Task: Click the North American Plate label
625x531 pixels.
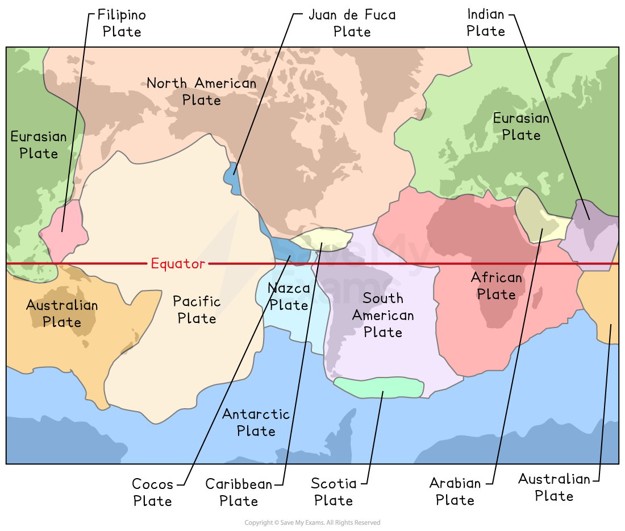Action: (x=201, y=92)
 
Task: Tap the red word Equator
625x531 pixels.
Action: (x=178, y=264)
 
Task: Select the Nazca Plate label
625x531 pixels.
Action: (x=289, y=297)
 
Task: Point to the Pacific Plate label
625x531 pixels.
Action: (x=197, y=310)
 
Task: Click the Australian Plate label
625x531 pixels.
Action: (x=62, y=313)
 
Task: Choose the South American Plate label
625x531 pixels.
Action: (x=382, y=315)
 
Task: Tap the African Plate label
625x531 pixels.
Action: (x=496, y=286)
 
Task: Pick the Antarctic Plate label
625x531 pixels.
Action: (x=256, y=422)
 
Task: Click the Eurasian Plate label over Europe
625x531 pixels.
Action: (x=521, y=127)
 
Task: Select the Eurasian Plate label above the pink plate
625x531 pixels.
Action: (x=39, y=145)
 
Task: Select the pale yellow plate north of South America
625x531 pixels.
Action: (x=321, y=238)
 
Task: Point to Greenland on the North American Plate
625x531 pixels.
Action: (x=392, y=91)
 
